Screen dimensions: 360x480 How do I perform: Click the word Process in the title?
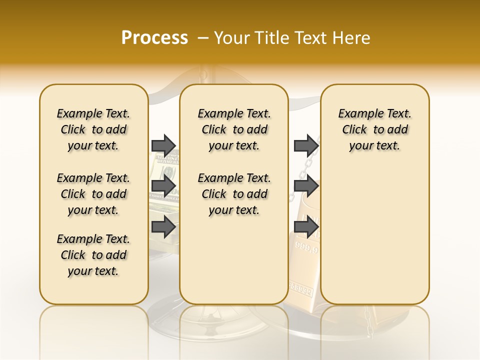[x=154, y=37]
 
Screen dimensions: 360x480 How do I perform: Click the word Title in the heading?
[x=271, y=38]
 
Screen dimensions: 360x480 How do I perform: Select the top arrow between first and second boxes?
[x=163, y=145]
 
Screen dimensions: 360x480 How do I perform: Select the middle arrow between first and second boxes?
[x=163, y=186]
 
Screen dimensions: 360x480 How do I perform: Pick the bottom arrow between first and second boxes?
[x=163, y=227]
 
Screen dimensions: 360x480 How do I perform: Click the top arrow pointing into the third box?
[x=306, y=145]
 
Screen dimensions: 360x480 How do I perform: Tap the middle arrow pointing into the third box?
[x=306, y=186]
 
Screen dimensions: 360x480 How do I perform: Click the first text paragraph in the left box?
[x=93, y=129]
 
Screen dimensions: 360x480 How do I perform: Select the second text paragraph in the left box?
[x=93, y=194]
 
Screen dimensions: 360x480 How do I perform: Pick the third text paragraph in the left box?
[x=93, y=255]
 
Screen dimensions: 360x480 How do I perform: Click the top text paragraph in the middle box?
[x=234, y=129]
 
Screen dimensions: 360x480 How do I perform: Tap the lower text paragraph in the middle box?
[x=234, y=194]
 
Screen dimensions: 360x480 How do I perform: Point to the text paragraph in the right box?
[x=374, y=129]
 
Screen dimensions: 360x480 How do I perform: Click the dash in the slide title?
[x=202, y=38]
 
